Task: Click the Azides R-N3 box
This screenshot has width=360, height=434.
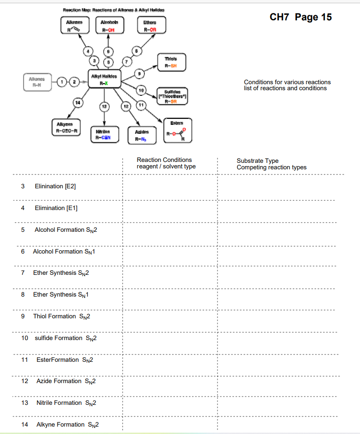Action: (141, 136)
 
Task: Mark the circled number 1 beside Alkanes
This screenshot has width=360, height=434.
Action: (61, 82)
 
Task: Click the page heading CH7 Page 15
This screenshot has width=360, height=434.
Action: (300, 17)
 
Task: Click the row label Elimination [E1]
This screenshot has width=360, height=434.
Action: (56, 208)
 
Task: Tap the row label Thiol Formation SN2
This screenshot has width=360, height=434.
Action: (61, 316)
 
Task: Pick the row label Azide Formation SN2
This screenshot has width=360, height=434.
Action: (65, 381)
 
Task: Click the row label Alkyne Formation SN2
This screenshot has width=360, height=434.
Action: (67, 425)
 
